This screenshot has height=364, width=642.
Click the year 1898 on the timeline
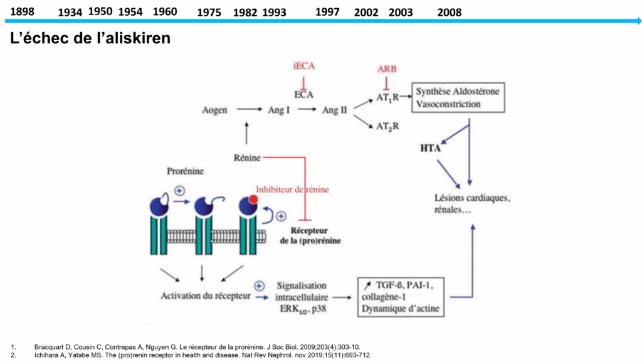click(x=22, y=11)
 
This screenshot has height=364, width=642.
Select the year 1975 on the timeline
click(x=209, y=13)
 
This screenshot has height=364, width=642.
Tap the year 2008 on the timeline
click(x=449, y=13)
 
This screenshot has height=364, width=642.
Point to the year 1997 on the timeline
click(x=327, y=12)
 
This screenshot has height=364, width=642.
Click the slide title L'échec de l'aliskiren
click(x=90, y=38)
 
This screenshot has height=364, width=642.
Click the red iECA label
click(x=303, y=66)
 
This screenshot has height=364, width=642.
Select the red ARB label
click(x=387, y=69)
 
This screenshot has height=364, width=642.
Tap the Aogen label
click(x=214, y=110)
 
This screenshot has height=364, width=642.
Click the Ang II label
click(x=334, y=110)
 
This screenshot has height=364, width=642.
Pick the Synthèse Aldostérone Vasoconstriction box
click(x=458, y=98)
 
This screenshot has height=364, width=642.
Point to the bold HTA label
click(x=431, y=149)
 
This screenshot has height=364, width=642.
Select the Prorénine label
click(x=186, y=171)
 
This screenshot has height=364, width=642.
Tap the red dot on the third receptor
click(x=253, y=200)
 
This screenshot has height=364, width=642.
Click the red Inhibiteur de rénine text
click(x=292, y=189)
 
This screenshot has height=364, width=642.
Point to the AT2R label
click(x=387, y=126)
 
